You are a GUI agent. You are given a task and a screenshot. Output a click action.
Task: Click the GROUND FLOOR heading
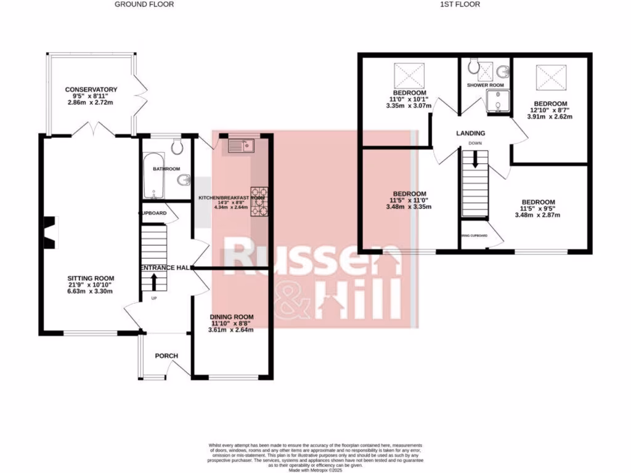pyautogui.click(x=144, y=4)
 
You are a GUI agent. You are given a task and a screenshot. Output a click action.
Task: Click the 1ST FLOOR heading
pyautogui.click(x=460, y=4)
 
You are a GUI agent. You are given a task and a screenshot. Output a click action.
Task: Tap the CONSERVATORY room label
pyautogui.click(x=91, y=90)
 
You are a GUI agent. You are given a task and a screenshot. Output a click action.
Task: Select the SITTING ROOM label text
pyautogui.click(x=91, y=278)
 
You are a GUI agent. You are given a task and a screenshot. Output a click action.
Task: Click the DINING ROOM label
pyautogui.click(x=232, y=317)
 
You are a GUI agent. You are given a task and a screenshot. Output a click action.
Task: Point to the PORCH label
pyautogui.click(x=166, y=356)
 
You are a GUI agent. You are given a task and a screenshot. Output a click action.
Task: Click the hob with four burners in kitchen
pyautogui.click(x=259, y=204)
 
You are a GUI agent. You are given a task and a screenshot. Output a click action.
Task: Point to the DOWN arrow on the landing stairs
pyautogui.click(x=475, y=160)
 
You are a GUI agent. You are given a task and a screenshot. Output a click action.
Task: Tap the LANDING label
pyautogui.click(x=470, y=133)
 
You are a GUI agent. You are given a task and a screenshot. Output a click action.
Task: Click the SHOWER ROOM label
pyautogui.click(x=485, y=85)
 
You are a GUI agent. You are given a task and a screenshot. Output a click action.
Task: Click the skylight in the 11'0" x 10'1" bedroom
pyautogui.click(x=405, y=76)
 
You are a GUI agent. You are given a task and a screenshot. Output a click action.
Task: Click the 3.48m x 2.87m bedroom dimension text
pyautogui.click(x=538, y=216)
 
